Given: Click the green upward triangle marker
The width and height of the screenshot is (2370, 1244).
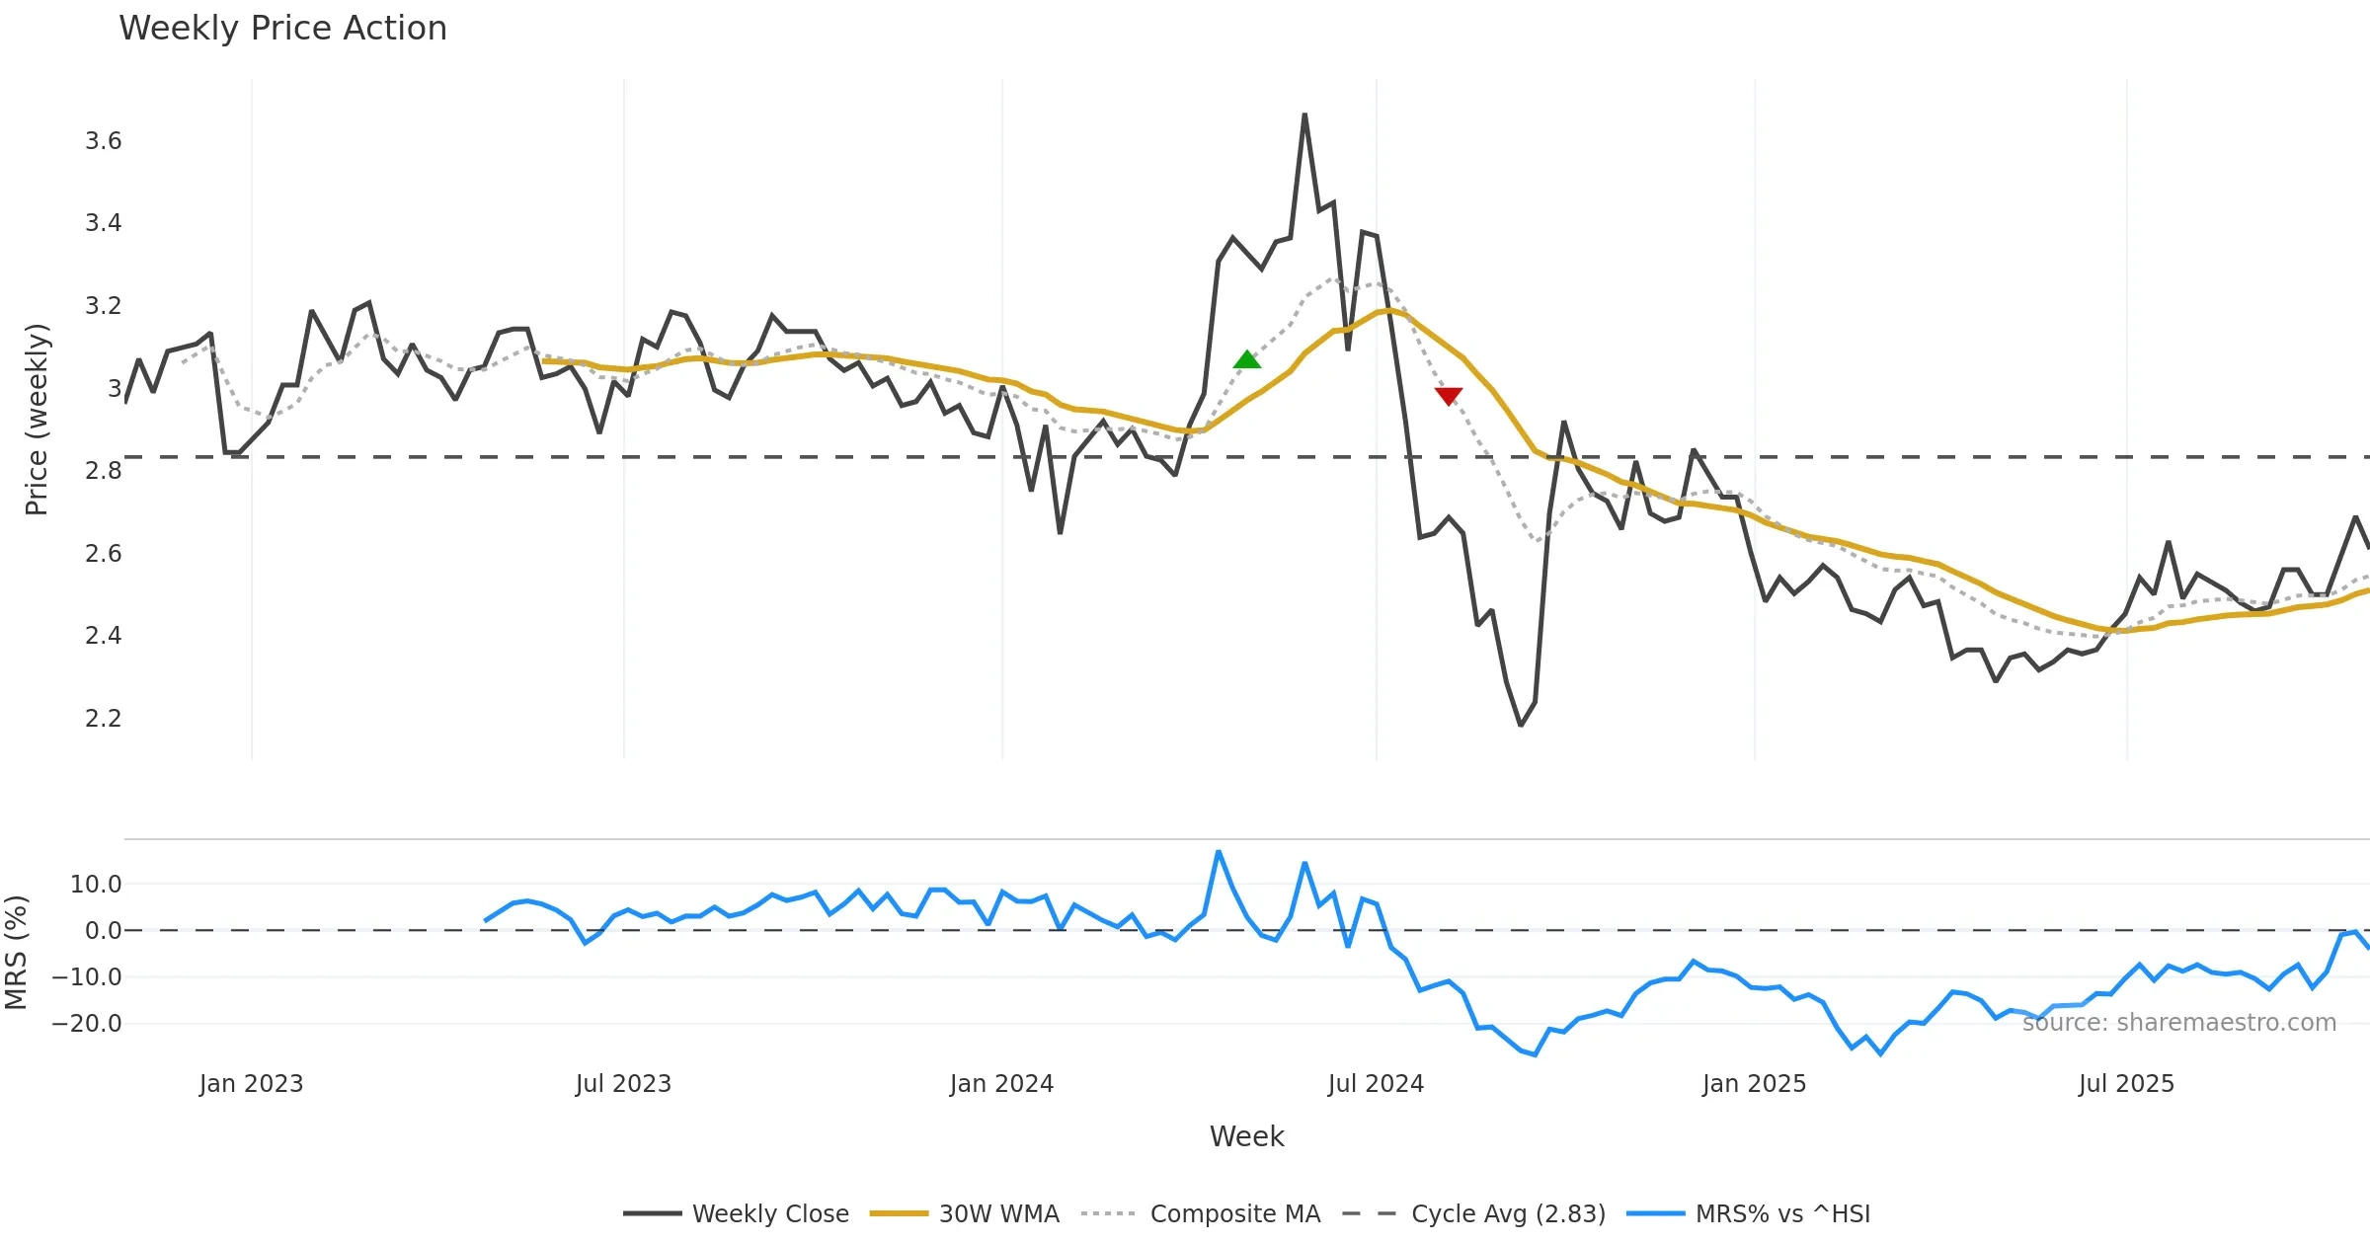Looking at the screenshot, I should pyautogui.click(x=1246, y=360).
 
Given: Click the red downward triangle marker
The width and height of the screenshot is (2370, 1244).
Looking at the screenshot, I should pyautogui.click(x=1448, y=396).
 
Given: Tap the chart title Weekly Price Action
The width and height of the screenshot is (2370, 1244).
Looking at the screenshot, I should pyautogui.click(x=282, y=29).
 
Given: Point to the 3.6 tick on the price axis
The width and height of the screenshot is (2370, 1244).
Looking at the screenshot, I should pyautogui.click(x=103, y=141).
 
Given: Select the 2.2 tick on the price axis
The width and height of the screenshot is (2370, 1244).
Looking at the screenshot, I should pyautogui.click(x=103, y=718).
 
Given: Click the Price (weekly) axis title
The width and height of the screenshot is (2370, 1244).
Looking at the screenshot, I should pyautogui.click(x=37, y=420).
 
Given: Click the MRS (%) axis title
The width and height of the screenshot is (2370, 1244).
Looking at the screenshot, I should pyautogui.click(x=16, y=953).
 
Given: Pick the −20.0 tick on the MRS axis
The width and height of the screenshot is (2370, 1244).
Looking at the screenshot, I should pyautogui.click(x=87, y=1024).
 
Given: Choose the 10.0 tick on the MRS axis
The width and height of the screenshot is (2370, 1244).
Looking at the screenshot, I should pyautogui.click(x=96, y=885).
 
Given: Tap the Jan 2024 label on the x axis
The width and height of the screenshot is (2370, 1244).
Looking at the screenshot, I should pyautogui.click(x=1001, y=1084).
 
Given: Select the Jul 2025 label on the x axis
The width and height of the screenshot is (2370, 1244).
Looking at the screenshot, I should pyautogui.click(x=2126, y=1084).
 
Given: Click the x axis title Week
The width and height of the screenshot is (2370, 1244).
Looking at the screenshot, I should pyautogui.click(x=1246, y=1137).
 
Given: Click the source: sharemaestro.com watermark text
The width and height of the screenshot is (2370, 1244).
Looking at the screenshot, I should pyautogui.click(x=2178, y=1023).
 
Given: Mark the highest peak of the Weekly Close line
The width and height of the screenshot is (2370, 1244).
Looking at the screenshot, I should pyautogui.click(x=1304, y=115).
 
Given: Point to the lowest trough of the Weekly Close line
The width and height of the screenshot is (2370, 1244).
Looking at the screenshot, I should pyautogui.click(x=1521, y=726).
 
